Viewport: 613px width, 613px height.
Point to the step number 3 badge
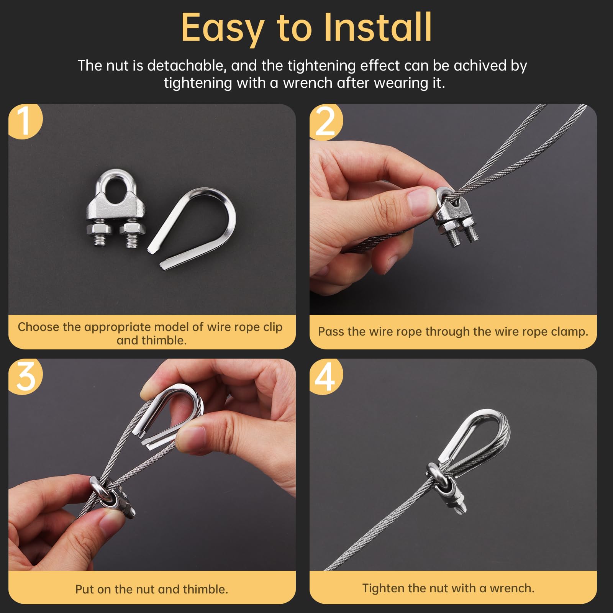coord(25,377)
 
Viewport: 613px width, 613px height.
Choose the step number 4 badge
coord(326,377)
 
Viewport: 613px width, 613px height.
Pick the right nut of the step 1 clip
coord(133,229)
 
